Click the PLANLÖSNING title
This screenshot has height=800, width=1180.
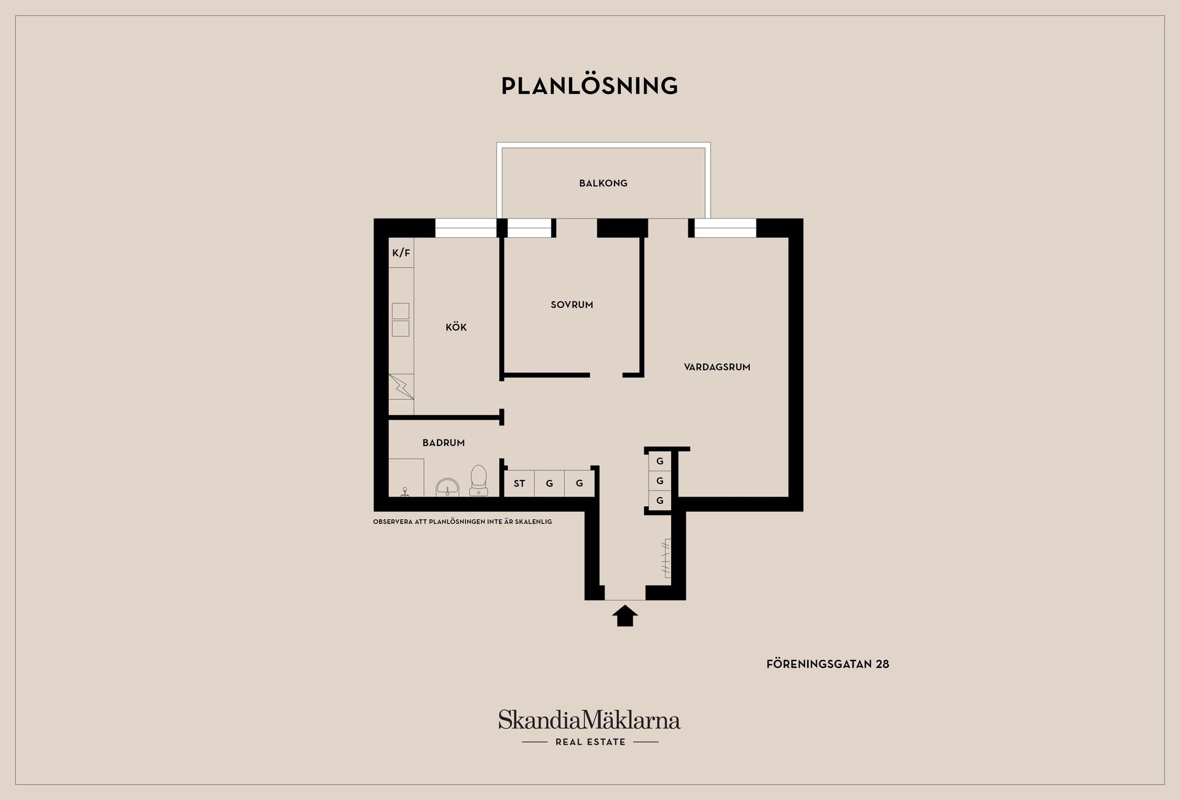[589, 85]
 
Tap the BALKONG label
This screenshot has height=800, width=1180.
[603, 183]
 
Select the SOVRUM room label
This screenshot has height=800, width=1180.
[572, 305]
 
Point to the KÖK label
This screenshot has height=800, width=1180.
[456, 327]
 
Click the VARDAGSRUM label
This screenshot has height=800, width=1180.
[717, 367]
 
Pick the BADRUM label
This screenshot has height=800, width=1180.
[443, 442]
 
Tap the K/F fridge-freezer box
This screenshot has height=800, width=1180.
[401, 253]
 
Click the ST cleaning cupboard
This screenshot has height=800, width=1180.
[519, 483]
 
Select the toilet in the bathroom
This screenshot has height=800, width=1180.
[479, 480]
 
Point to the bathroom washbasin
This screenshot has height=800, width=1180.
[447, 488]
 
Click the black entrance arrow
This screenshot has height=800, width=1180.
[625, 616]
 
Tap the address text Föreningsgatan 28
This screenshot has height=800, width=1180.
[827, 664]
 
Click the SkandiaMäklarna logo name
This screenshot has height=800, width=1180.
[589, 720]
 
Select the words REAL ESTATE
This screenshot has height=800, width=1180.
[590, 742]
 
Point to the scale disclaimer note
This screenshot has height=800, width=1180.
[462, 522]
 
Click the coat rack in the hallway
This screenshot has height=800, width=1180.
[666, 558]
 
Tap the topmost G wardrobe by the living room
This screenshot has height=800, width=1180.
[660, 461]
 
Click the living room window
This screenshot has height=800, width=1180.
[725, 228]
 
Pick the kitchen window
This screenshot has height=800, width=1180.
[466, 228]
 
